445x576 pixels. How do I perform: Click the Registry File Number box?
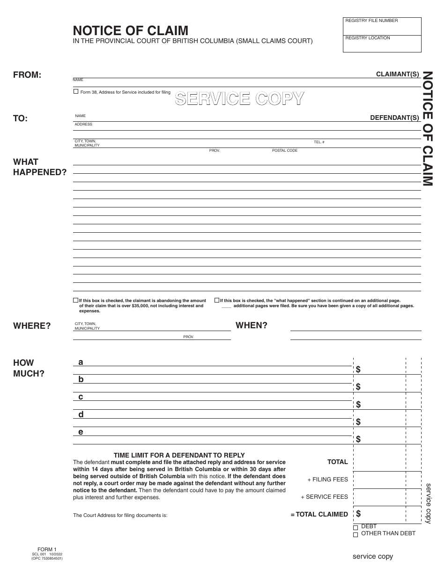(382, 26)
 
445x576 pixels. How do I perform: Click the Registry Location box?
(382, 44)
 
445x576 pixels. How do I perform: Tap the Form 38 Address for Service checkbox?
(76, 92)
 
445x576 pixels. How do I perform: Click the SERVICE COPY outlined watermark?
(239, 98)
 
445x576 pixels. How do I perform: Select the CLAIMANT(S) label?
(397, 74)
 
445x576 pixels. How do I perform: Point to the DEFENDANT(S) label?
(394, 118)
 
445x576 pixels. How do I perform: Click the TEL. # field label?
(319, 142)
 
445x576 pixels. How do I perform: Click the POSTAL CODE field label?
(284, 151)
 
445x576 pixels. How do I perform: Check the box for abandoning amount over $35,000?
(76, 300)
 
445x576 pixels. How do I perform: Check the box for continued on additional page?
(217, 300)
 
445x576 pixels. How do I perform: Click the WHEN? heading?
(252, 325)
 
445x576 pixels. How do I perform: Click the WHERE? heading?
(32, 326)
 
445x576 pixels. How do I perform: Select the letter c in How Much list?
(81, 397)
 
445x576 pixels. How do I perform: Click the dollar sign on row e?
(358, 439)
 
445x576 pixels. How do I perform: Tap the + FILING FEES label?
(327, 480)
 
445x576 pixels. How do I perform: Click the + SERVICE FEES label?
(324, 497)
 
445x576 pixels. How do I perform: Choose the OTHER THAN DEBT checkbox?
(356, 534)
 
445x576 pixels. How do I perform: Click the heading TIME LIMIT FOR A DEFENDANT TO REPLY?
(179, 455)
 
